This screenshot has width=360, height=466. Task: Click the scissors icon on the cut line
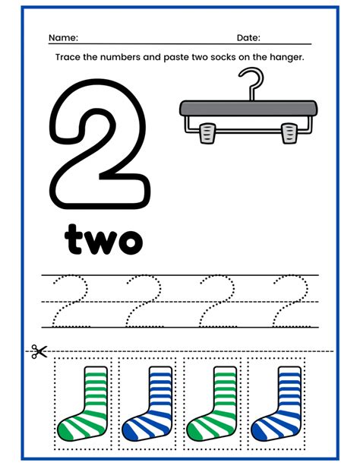pos(39,351)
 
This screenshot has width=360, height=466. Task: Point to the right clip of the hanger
pos(289,134)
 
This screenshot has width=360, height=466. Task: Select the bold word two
pos(104,239)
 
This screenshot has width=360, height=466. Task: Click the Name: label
pos(63,38)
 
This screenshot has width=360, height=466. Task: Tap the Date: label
pos(248,38)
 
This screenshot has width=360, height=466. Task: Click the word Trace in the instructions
pos(68,58)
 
